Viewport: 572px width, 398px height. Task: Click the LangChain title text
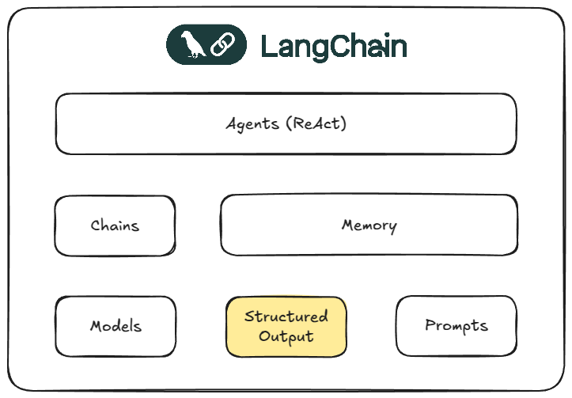click(x=333, y=47)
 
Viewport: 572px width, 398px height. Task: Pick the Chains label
click(x=115, y=226)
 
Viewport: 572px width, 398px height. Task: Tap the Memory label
click(x=369, y=226)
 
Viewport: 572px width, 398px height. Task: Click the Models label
click(x=116, y=326)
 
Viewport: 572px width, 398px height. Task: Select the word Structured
click(x=286, y=317)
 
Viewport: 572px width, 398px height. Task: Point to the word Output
click(x=286, y=336)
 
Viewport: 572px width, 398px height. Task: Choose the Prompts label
click(x=456, y=325)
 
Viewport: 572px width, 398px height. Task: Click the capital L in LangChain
click(x=267, y=47)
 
